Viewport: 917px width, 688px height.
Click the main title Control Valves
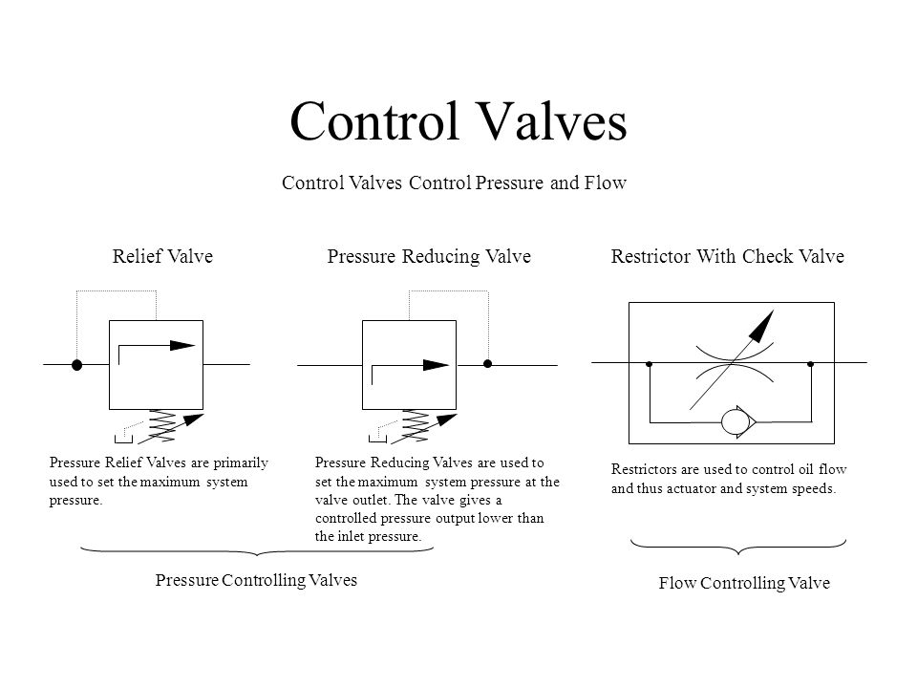click(458, 121)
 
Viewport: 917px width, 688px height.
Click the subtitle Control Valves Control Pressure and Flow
click(454, 183)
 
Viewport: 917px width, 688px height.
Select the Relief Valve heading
click(162, 256)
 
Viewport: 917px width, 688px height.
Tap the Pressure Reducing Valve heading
click(429, 256)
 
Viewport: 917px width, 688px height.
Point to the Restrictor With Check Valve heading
click(728, 256)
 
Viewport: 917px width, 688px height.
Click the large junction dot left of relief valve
click(76, 365)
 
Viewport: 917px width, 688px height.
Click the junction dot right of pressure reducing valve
click(487, 364)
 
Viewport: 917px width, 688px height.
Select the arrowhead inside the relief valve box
click(182, 345)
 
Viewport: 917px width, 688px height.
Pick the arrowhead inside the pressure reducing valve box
click(436, 365)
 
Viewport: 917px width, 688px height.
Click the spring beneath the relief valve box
click(162, 426)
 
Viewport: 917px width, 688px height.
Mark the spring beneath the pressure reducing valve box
click(416, 426)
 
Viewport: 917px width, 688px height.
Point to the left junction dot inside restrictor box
click(650, 364)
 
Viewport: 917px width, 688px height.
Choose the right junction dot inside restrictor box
click(811, 364)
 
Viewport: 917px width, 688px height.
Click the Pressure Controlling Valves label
click(256, 580)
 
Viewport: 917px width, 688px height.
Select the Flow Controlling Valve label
click(744, 583)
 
